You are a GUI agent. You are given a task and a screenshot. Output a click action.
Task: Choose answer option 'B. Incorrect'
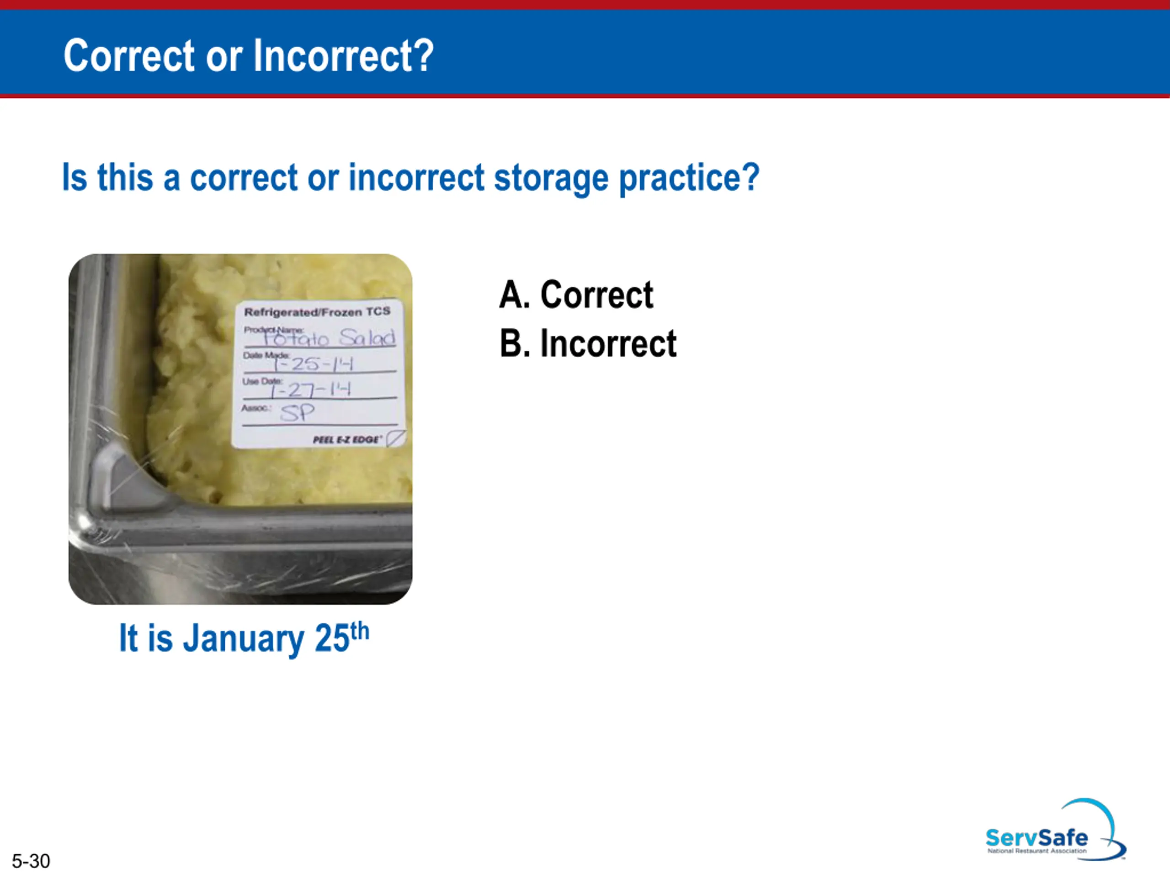[588, 343]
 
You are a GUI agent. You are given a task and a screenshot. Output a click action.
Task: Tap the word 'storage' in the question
[551, 178]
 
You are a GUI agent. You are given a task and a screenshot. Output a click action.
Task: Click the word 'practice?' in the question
[689, 178]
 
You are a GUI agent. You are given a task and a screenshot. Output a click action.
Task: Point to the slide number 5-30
[31, 861]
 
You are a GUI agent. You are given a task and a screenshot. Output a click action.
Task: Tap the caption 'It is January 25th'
[244, 638]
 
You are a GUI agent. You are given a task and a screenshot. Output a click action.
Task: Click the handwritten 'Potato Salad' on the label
[329, 337]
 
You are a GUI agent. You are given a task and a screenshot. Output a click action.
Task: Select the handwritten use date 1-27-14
[310, 390]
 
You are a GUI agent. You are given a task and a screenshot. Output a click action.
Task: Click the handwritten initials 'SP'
[297, 413]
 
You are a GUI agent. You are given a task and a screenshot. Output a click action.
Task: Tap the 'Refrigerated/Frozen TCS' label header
[317, 312]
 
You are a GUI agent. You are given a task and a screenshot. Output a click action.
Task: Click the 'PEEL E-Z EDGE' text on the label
[346, 439]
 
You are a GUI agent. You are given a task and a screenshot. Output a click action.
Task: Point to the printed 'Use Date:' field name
[262, 381]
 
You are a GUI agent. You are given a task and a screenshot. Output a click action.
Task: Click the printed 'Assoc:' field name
[256, 408]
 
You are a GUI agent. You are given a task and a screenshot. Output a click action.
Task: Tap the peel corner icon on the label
[396, 438]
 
